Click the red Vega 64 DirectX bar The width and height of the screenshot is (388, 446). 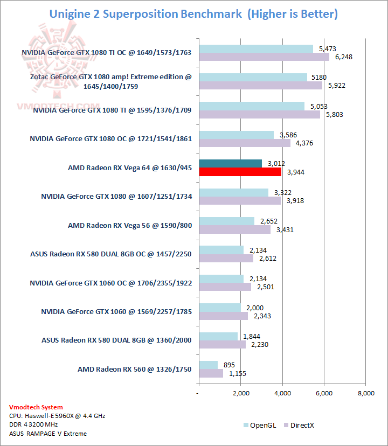(240, 172)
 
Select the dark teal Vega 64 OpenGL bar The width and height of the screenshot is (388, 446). (231, 164)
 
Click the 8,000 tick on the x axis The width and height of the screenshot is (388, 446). (365, 393)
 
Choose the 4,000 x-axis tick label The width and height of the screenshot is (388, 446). (282, 393)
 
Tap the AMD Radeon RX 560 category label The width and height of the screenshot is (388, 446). (135, 369)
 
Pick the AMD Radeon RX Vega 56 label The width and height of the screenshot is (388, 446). (130, 225)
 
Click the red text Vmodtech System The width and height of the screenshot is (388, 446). (36, 407)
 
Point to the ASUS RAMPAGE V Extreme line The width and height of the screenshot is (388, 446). (48, 434)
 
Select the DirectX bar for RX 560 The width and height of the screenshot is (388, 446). (211, 373)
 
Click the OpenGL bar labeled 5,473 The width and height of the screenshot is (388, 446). (256, 49)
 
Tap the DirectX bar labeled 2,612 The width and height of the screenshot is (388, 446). (226, 259)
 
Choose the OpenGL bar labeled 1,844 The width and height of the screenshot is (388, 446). (218, 336)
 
